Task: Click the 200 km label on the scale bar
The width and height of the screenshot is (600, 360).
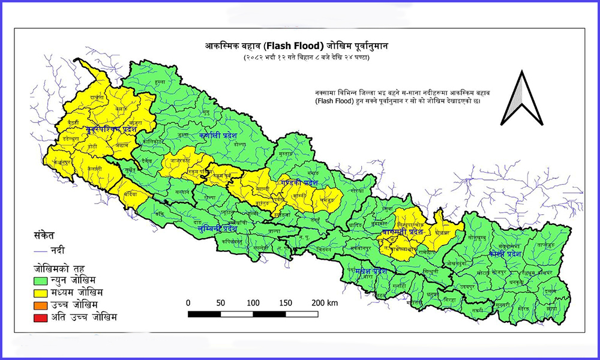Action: [325, 302]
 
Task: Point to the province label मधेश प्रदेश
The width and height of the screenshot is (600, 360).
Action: [368, 271]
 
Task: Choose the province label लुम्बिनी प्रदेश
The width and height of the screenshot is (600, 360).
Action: [217, 228]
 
